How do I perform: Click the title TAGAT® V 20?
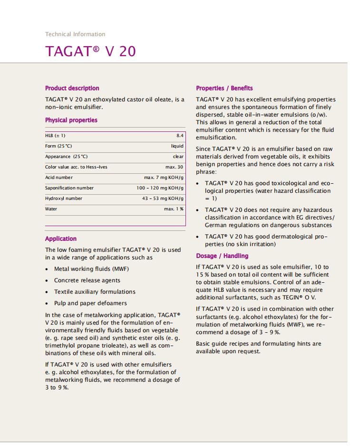click(x=90, y=51)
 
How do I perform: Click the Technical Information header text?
click(x=75, y=34)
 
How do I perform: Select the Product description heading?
click(x=72, y=88)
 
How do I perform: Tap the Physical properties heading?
click(x=71, y=120)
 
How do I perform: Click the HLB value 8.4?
click(x=180, y=136)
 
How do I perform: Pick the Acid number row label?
click(x=59, y=178)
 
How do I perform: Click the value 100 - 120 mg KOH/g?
click(x=160, y=188)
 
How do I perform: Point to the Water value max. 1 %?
click(x=174, y=209)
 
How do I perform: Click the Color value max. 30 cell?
click(x=174, y=167)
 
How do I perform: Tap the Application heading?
click(x=61, y=239)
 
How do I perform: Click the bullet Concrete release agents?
click(x=87, y=280)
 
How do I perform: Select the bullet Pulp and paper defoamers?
click(x=90, y=303)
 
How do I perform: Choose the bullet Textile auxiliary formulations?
click(x=95, y=292)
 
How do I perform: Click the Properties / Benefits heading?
click(x=224, y=88)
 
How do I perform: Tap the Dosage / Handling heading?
click(x=222, y=256)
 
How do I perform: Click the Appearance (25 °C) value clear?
click(x=178, y=157)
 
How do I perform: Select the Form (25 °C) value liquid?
click(x=177, y=146)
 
